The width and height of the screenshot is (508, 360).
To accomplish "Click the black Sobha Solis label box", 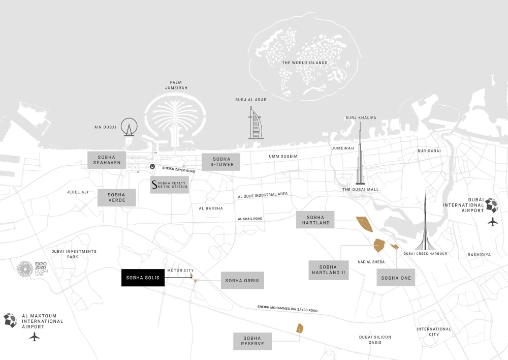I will click(143, 278).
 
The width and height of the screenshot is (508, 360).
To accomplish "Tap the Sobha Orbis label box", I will click(242, 280).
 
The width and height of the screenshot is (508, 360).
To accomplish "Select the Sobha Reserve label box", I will click(252, 341).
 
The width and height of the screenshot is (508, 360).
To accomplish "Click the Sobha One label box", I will click(396, 278).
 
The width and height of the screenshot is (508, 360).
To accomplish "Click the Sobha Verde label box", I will click(117, 198).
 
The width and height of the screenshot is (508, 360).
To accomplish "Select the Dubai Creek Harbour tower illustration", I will click(424, 224).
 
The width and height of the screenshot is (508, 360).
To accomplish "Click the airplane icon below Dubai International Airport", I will click(492, 222).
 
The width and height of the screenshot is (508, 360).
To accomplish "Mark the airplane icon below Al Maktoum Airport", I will click(35, 337).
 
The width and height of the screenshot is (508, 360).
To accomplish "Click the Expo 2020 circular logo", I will click(25, 269).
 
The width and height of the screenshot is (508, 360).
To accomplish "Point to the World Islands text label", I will click(305, 63).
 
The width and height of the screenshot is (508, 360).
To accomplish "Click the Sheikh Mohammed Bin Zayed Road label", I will click(288, 309).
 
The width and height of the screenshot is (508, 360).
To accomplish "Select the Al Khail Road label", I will click(250, 219).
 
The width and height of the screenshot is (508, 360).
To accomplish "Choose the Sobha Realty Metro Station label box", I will click(170, 185).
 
